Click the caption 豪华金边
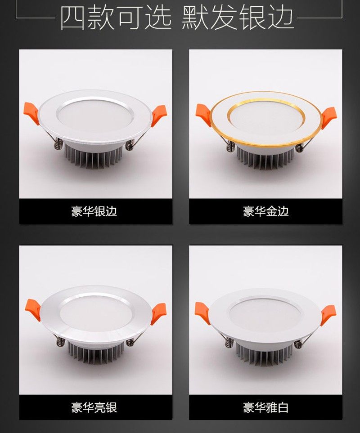tap(265, 211)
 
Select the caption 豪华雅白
tap(265, 407)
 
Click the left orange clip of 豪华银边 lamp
tap(31, 112)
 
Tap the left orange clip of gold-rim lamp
tap(203, 113)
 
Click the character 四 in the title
tap(73, 18)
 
